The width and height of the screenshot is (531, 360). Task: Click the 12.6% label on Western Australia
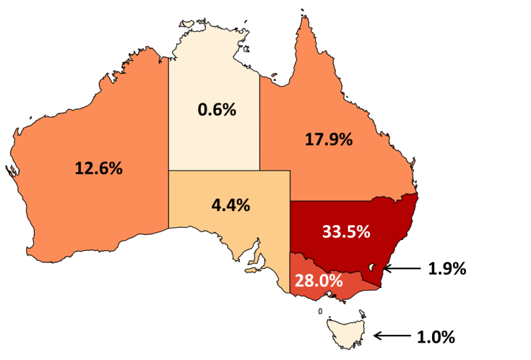coord(98,169)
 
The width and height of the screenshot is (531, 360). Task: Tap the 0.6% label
coord(217,110)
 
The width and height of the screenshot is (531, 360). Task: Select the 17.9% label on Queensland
coord(329,140)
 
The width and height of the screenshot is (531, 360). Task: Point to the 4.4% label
coord(230,206)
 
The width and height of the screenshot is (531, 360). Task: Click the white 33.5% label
coord(346,232)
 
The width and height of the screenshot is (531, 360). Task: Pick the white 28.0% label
coord(318,280)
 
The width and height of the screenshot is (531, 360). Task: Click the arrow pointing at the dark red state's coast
coord(402,269)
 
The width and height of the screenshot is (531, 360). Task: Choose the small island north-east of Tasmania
coord(363,313)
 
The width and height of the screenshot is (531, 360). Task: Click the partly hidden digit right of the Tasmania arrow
coord(420,336)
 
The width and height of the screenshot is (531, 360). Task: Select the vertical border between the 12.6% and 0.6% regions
coord(168,140)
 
